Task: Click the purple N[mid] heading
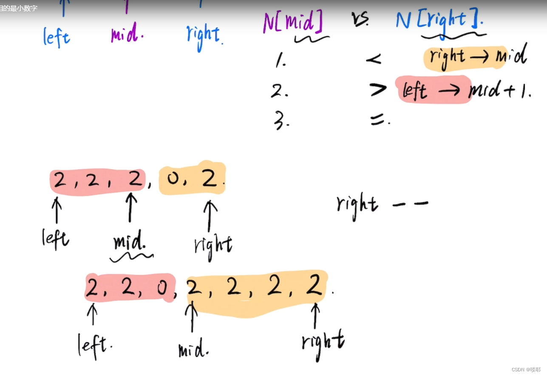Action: pyautogui.click(x=292, y=22)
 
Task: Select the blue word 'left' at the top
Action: pyautogui.click(x=57, y=37)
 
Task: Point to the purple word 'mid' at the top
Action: pyautogui.click(x=126, y=34)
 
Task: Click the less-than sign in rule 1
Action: pyautogui.click(x=373, y=60)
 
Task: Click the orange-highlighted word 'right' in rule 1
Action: pyautogui.click(x=447, y=57)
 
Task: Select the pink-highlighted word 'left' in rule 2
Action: pyautogui.click(x=415, y=90)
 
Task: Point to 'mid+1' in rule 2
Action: pyautogui.click(x=499, y=90)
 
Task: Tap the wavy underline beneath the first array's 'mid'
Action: pyautogui.click(x=131, y=256)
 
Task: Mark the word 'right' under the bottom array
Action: pyautogui.click(x=323, y=343)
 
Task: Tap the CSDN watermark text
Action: pyautogui.click(x=526, y=369)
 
